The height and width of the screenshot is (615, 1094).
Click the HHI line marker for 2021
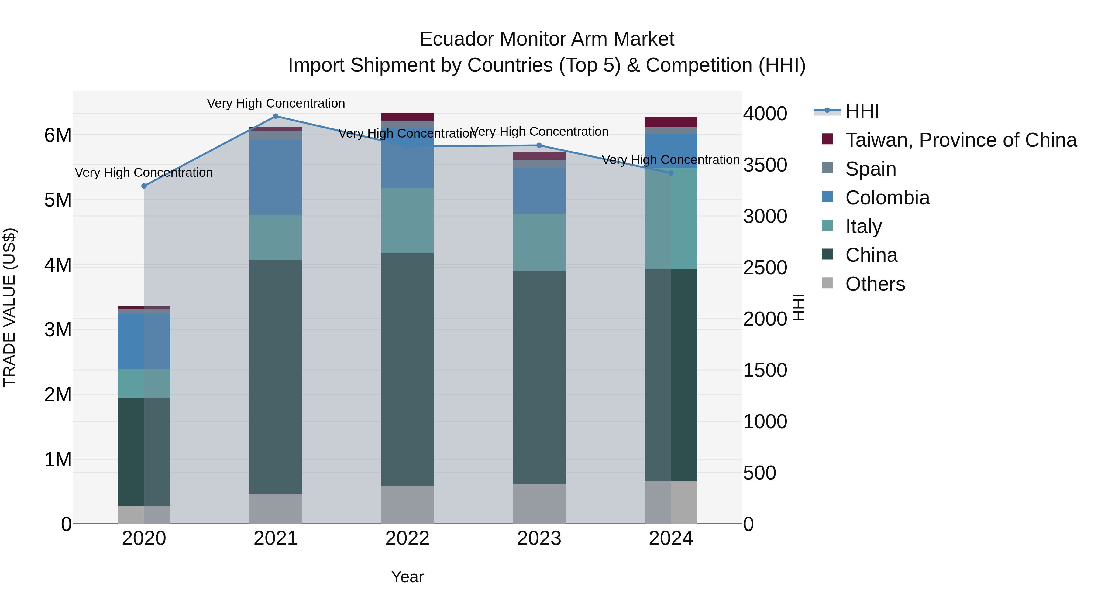(x=276, y=116)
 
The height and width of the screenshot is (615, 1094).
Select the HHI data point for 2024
(x=671, y=173)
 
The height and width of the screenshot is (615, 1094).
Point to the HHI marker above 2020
(x=144, y=186)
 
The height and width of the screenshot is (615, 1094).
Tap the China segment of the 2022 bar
(x=407, y=369)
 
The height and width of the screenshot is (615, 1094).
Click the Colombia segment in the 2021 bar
(x=276, y=177)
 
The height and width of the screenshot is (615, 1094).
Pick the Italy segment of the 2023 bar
(x=539, y=242)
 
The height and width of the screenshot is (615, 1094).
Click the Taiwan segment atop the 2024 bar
(x=671, y=121)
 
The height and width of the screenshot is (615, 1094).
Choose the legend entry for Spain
(x=871, y=169)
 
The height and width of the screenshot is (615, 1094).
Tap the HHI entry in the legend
(x=862, y=111)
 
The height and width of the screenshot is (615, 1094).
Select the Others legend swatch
(x=827, y=283)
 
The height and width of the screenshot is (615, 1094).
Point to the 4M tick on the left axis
(x=58, y=265)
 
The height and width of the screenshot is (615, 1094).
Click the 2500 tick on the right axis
(x=765, y=268)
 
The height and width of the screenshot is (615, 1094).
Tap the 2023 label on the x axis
(x=539, y=538)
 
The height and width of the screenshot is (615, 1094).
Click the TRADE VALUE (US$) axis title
(x=9, y=307)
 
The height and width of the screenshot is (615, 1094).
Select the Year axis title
(x=407, y=577)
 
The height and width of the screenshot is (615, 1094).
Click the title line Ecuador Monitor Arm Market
(x=547, y=39)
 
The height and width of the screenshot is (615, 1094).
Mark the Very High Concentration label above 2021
(x=276, y=103)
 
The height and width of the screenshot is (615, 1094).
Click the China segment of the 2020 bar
(x=144, y=451)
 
